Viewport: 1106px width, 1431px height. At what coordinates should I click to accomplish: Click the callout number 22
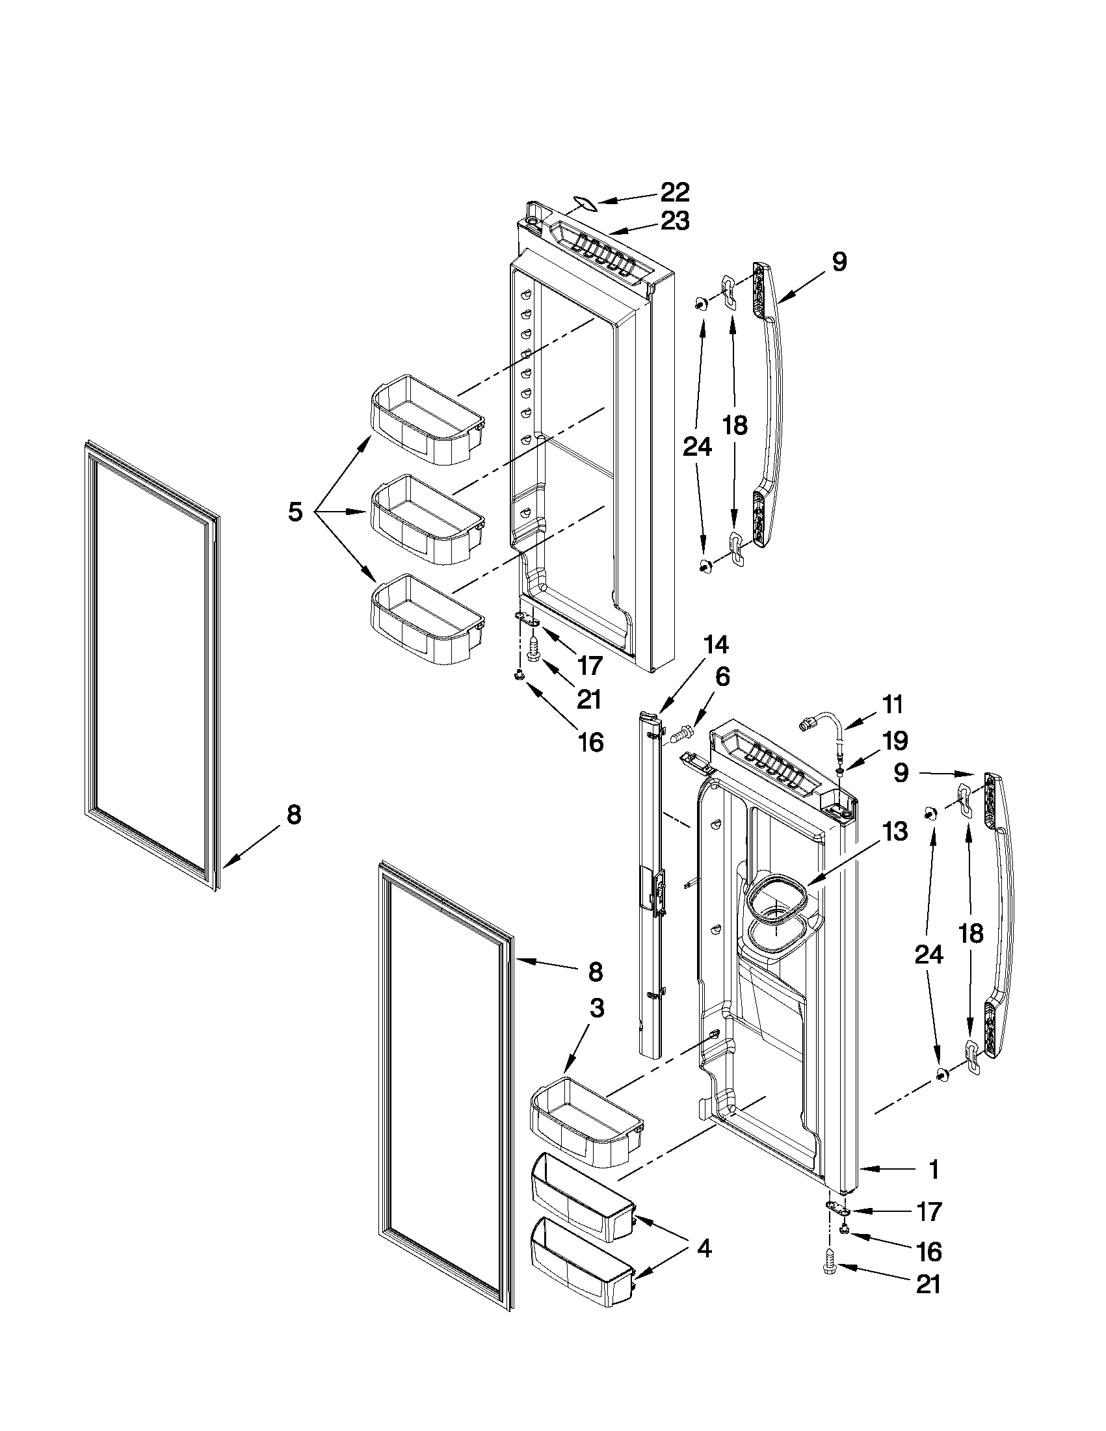(x=674, y=192)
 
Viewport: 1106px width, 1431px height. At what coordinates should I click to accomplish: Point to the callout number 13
(x=895, y=832)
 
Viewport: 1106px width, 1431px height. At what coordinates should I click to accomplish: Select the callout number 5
(x=295, y=511)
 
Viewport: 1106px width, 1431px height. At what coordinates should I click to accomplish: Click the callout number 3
(x=596, y=1008)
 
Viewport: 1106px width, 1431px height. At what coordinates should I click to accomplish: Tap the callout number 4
(x=703, y=1249)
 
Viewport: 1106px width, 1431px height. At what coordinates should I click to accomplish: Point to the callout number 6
(x=721, y=676)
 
